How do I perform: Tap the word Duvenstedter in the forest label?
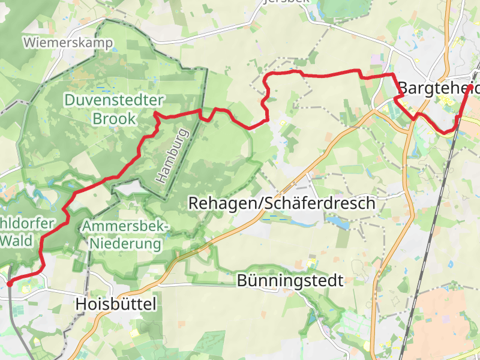(x=115, y=100)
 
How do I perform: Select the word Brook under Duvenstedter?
(x=114, y=119)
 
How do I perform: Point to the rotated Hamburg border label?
(x=172, y=156)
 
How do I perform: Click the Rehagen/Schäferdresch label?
(x=281, y=203)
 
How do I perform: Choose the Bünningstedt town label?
(x=290, y=280)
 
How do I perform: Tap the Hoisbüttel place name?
(x=116, y=304)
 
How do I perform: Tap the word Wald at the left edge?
(x=17, y=241)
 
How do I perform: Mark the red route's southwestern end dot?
(x=10, y=283)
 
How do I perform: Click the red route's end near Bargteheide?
(x=472, y=88)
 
